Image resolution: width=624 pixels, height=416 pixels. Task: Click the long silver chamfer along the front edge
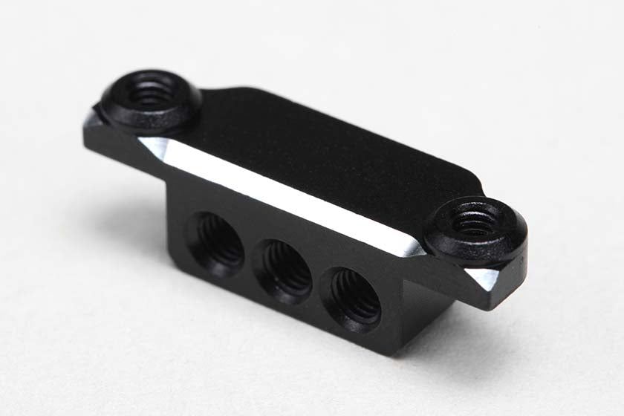[x=282, y=193]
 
